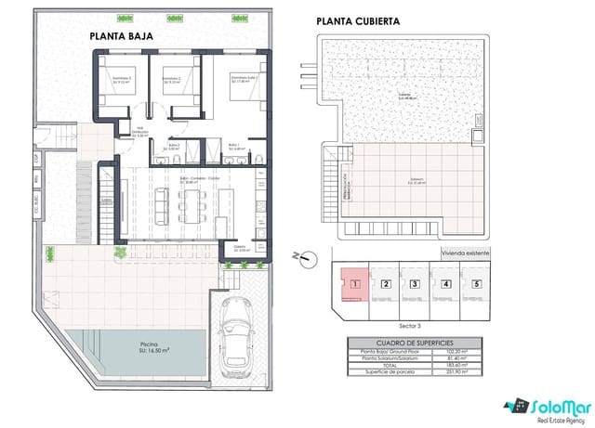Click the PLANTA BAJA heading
click(x=121, y=36)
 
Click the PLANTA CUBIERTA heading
click(x=358, y=22)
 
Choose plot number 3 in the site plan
click(x=416, y=285)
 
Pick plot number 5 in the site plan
click(x=477, y=285)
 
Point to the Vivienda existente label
click(x=464, y=252)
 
